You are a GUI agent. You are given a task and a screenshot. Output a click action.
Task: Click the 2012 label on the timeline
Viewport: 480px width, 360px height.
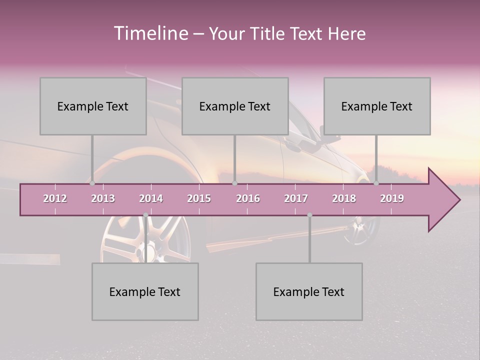(x=55, y=198)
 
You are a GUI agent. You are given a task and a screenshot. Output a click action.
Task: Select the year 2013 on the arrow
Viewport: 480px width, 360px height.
(x=103, y=198)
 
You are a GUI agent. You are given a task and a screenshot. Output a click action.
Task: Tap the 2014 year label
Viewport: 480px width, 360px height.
(x=151, y=198)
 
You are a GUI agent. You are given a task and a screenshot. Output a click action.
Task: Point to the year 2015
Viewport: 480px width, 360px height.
(x=199, y=198)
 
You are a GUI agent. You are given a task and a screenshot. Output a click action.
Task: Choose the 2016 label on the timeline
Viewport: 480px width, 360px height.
(x=248, y=198)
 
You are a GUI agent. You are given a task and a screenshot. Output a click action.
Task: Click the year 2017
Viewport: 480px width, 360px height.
(x=296, y=198)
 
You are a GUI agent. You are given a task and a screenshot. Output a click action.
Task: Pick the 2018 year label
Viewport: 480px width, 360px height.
(x=344, y=198)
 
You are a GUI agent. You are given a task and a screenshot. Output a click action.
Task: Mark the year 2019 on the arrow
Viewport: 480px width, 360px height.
(x=392, y=198)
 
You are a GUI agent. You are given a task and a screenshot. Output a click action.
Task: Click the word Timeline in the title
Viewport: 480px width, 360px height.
(x=150, y=33)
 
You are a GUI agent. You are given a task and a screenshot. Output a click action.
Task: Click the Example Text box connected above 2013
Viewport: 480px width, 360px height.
(x=93, y=106)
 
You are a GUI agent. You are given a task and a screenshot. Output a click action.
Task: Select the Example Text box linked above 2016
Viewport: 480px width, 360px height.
(x=235, y=106)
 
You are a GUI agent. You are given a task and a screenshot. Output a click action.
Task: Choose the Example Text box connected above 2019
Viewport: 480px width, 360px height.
(x=377, y=106)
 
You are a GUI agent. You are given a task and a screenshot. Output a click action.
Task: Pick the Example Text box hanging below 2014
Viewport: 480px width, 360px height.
(x=145, y=291)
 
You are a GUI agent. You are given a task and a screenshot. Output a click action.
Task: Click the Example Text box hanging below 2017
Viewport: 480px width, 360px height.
(x=309, y=291)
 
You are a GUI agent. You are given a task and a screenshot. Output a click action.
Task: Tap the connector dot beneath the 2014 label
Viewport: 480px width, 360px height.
(x=145, y=215)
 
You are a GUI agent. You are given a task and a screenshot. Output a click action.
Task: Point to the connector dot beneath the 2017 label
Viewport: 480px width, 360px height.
(x=309, y=215)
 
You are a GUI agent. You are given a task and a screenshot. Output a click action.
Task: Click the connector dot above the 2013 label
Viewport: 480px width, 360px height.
(x=92, y=183)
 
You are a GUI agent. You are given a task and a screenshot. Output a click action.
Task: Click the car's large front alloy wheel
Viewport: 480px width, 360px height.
(x=150, y=240)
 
